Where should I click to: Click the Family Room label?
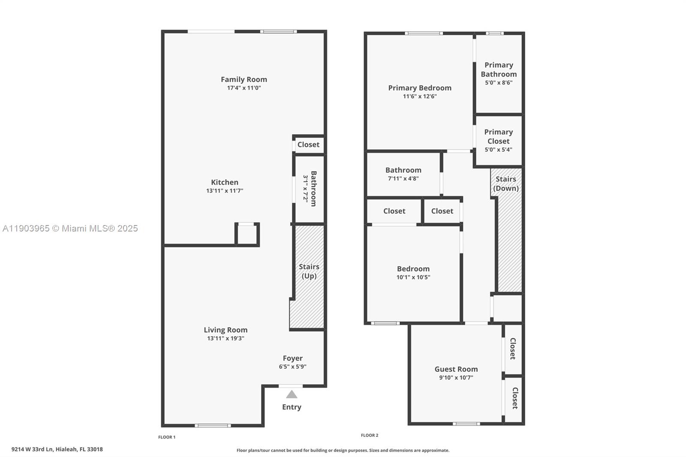coord(244,79)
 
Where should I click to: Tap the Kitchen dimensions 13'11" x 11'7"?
coord(224,191)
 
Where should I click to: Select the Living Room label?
coord(226,330)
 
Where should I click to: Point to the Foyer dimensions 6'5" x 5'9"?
coord(292,367)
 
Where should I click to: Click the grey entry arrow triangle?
coord(292,394)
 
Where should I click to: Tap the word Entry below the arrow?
coord(292,407)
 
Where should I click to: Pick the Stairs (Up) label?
coord(309,271)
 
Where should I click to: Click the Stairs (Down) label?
coord(506,183)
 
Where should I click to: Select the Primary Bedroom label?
coord(420,88)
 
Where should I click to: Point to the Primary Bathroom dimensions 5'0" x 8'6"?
coord(499,82)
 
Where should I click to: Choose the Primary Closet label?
coord(498,136)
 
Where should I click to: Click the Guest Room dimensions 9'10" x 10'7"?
coord(456,378)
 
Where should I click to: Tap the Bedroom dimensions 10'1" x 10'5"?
coord(413,277)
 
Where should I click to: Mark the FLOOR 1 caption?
coord(167,437)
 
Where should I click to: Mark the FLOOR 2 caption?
coord(370,435)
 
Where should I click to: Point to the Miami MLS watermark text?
coord(70,228)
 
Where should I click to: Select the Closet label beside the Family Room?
coord(308,144)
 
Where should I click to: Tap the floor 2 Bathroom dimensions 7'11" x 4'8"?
coord(403,178)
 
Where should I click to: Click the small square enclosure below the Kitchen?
coord(247,235)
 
